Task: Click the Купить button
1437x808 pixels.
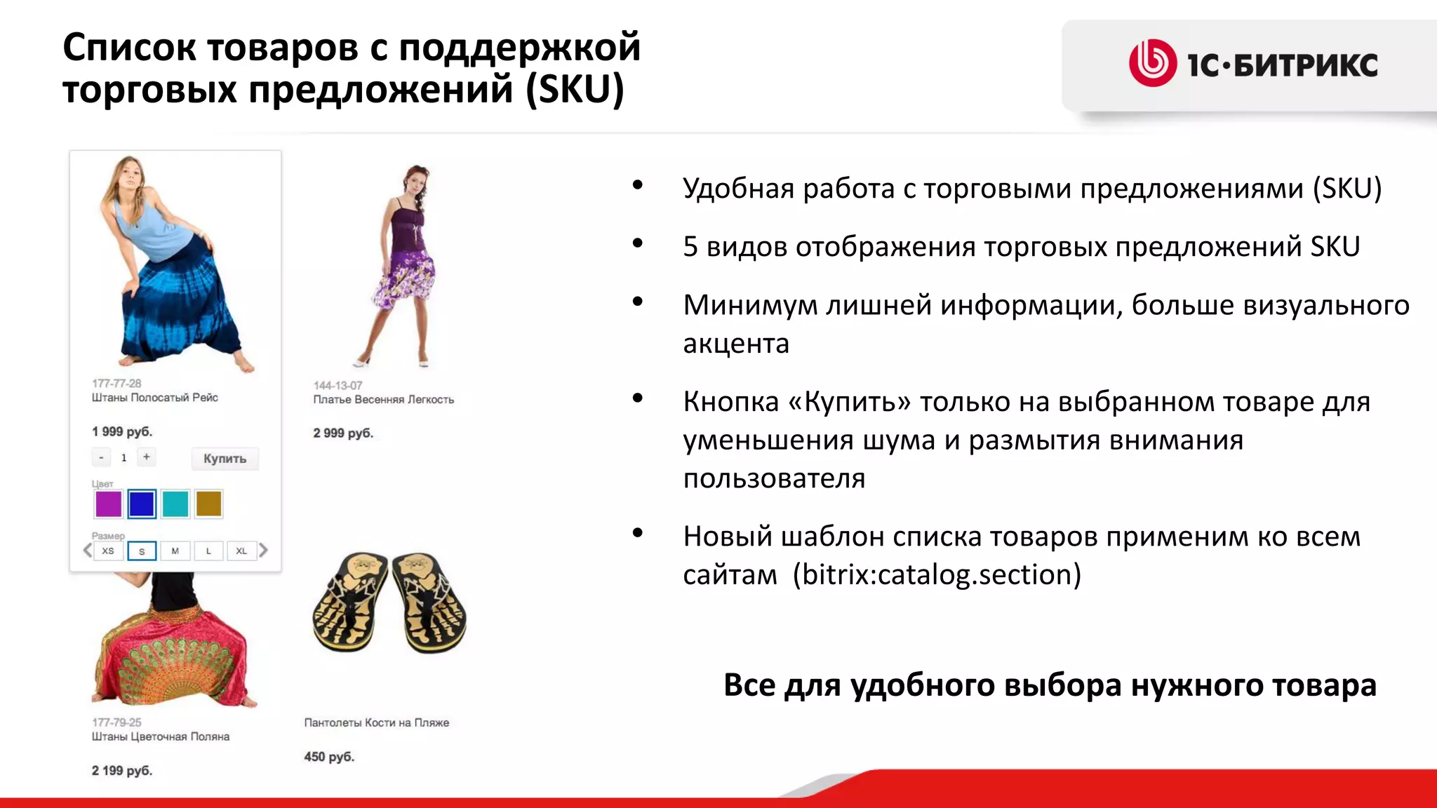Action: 225,459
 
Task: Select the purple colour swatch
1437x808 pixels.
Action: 108,504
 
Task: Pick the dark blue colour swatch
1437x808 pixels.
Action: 142,504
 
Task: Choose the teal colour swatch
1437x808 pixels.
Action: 175,504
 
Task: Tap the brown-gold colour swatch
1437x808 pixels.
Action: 209,504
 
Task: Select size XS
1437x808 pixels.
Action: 108,551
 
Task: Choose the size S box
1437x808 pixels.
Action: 142,551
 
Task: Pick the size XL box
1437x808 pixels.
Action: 241,551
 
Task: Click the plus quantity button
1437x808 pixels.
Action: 147,457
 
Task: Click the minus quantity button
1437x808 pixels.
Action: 102,457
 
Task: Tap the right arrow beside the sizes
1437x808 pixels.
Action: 264,550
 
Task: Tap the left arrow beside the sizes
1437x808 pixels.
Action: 87,550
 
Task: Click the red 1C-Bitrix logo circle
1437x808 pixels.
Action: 1152,63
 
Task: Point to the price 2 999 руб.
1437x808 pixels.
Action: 343,433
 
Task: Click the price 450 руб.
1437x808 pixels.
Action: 329,757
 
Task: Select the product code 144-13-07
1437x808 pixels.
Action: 337,385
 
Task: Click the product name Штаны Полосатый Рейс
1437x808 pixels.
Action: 155,398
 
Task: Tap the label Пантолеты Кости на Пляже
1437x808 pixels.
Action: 377,722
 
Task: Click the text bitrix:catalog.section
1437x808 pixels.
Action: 937,575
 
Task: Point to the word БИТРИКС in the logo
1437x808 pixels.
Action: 1305,65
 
